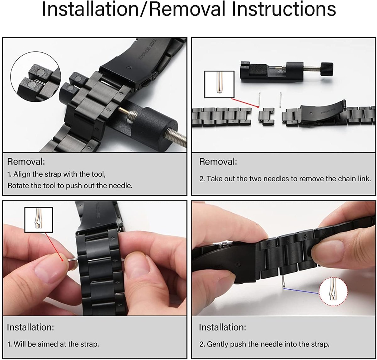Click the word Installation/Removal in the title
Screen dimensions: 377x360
tap(133, 9)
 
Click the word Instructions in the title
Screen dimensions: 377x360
tap(283, 9)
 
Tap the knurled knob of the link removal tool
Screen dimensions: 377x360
tap(327, 68)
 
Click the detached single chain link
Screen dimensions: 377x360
tap(267, 117)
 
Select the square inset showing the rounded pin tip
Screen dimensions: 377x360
tap(219, 84)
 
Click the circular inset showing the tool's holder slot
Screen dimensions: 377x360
tap(36, 77)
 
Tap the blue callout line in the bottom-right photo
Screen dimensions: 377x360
tap(301, 291)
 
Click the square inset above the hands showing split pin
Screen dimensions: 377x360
tap(39, 220)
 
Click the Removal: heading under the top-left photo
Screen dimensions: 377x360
tap(26, 161)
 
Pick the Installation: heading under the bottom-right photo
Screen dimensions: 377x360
tap(222, 327)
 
